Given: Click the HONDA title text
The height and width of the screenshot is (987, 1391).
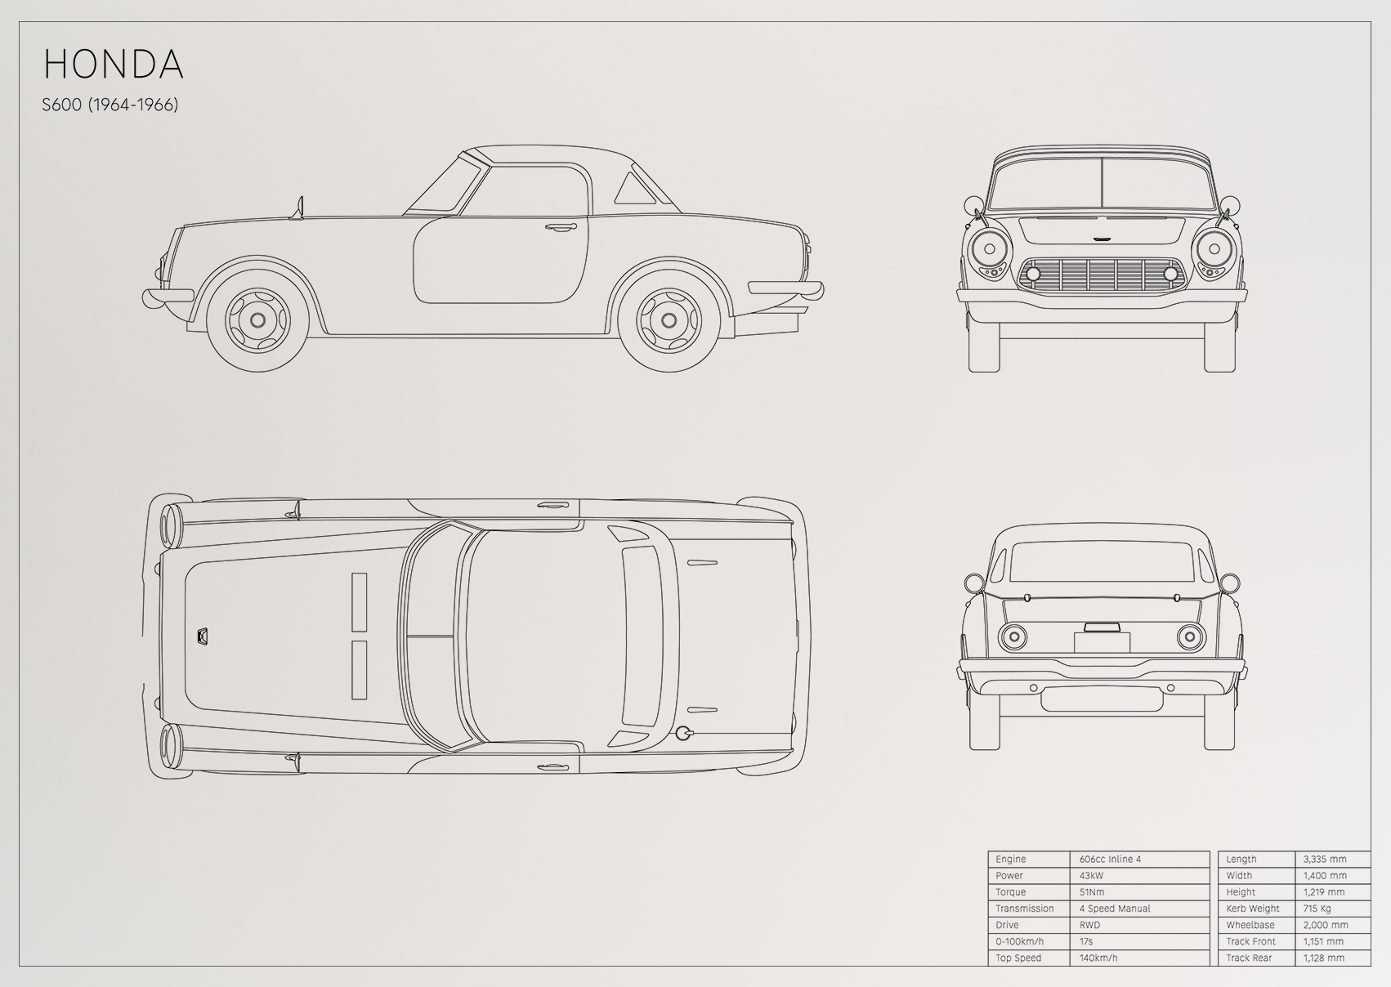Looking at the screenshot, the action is tap(114, 64).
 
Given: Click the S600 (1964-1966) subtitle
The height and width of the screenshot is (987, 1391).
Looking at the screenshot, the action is tap(110, 105).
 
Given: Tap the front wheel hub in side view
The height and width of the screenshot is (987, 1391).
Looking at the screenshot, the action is tap(257, 320).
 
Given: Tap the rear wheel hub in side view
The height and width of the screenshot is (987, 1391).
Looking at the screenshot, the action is tap(669, 320).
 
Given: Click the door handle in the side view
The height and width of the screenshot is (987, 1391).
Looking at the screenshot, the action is tap(560, 227).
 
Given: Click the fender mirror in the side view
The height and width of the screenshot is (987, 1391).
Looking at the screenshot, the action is tap(298, 208).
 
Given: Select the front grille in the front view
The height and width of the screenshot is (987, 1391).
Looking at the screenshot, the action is tap(1102, 274).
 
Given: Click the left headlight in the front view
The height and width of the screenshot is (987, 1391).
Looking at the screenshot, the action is tap(989, 249).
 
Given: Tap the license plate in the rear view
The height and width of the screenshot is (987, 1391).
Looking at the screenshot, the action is tap(1102, 642).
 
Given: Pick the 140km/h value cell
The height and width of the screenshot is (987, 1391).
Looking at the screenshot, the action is tap(1098, 958).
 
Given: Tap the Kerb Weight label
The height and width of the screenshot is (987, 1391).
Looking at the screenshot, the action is tap(1253, 909).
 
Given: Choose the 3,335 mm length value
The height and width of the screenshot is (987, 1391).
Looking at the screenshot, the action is tap(1325, 859).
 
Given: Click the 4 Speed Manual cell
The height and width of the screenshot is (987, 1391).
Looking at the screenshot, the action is tap(1115, 909).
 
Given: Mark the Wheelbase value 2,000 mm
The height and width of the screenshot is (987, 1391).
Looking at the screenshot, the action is tap(1325, 925).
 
